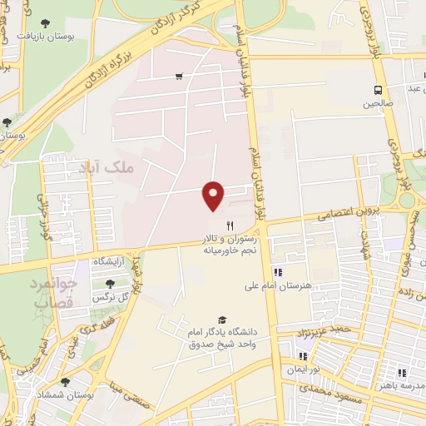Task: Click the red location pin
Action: pos(213,196)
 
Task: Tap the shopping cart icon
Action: pos(179,77)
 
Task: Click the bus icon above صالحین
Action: pos(379,90)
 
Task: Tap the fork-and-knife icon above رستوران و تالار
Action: pos(230,225)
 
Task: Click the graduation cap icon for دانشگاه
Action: pos(221,319)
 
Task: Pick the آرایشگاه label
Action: pos(108,261)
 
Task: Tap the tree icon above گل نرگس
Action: pos(110,284)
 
